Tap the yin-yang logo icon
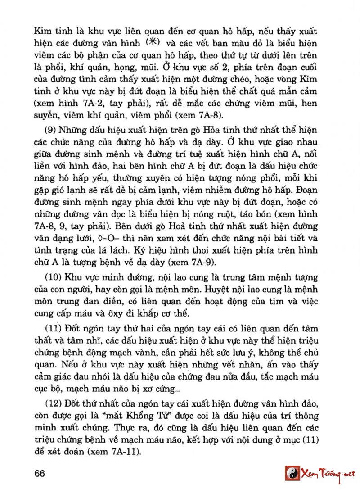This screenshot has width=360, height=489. click(x=292, y=473)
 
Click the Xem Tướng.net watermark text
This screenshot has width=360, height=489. click(x=328, y=473)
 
